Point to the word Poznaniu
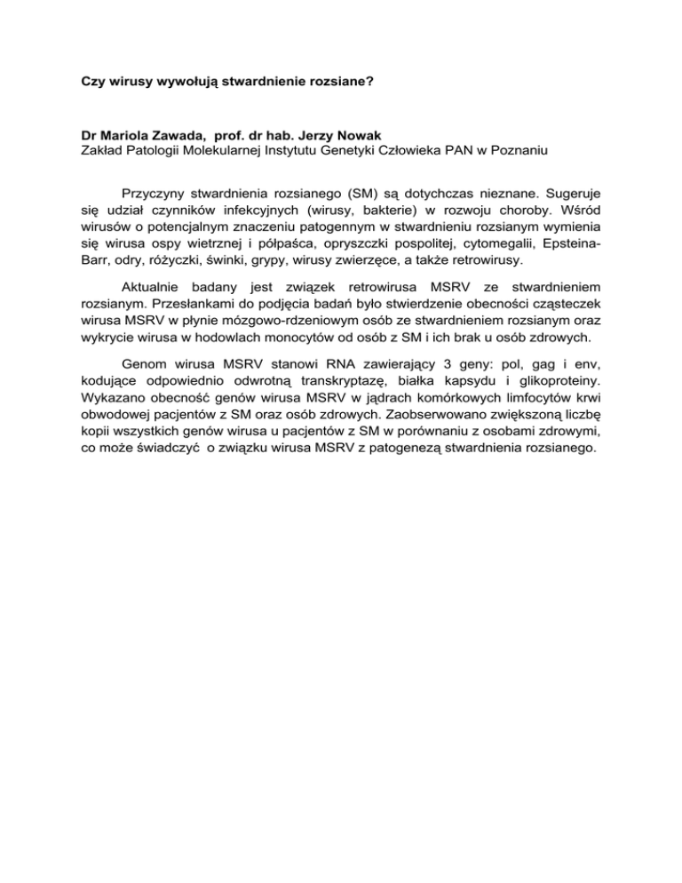pyautogui.click(x=490, y=150)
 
